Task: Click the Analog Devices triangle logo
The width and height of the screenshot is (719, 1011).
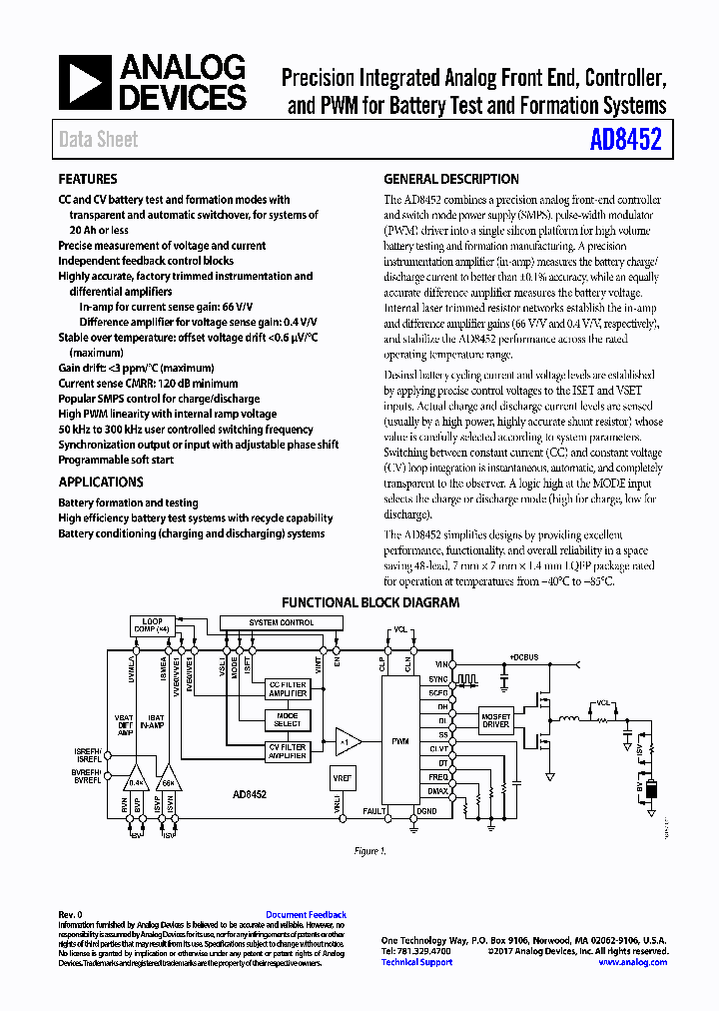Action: [x=84, y=83]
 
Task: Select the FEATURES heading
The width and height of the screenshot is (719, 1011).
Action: [x=88, y=180]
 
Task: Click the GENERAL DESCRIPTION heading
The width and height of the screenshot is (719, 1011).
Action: [x=451, y=180]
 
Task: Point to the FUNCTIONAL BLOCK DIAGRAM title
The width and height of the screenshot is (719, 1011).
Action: [x=370, y=603]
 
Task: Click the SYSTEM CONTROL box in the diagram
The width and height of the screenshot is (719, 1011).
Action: [x=281, y=622]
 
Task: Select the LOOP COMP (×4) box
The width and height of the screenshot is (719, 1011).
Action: [x=152, y=626]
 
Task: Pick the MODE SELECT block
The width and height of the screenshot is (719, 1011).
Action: [x=287, y=719]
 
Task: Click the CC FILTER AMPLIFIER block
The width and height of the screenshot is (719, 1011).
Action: [x=288, y=690]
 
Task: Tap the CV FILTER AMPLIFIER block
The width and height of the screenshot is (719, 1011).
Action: [x=288, y=749]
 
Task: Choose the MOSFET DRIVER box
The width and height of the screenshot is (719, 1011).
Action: [x=496, y=721]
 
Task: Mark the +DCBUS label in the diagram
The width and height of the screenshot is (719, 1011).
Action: [x=524, y=656]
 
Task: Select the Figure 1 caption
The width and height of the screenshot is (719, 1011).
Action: [x=369, y=851]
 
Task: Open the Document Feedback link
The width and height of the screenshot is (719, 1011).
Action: [x=306, y=915]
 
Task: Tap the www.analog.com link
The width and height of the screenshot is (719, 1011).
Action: [x=633, y=962]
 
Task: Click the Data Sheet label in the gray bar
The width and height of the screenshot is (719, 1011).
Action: [x=98, y=140]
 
